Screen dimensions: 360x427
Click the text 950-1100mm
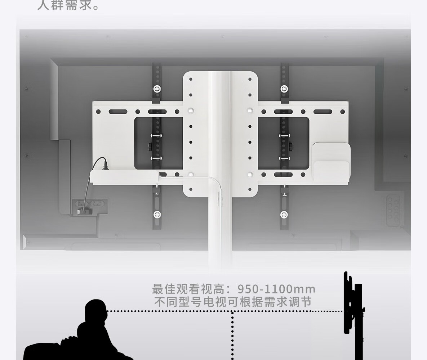pyautogui.click(x=276, y=289)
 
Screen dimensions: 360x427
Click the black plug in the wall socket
pyautogui.click(x=81, y=209)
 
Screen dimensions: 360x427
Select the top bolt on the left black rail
pyautogui.click(x=157, y=88)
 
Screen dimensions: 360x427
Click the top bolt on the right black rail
pyautogui.click(x=284, y=88)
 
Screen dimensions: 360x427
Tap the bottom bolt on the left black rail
pyautogui.click(x=157, y=215)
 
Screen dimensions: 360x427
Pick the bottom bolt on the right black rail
pyautogui.click(x=284, y=215)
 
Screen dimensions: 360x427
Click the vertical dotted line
pyautogui.click(x=232, y=335)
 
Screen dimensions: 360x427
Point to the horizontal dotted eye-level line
pyautogui.click(x=223, y=311)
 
